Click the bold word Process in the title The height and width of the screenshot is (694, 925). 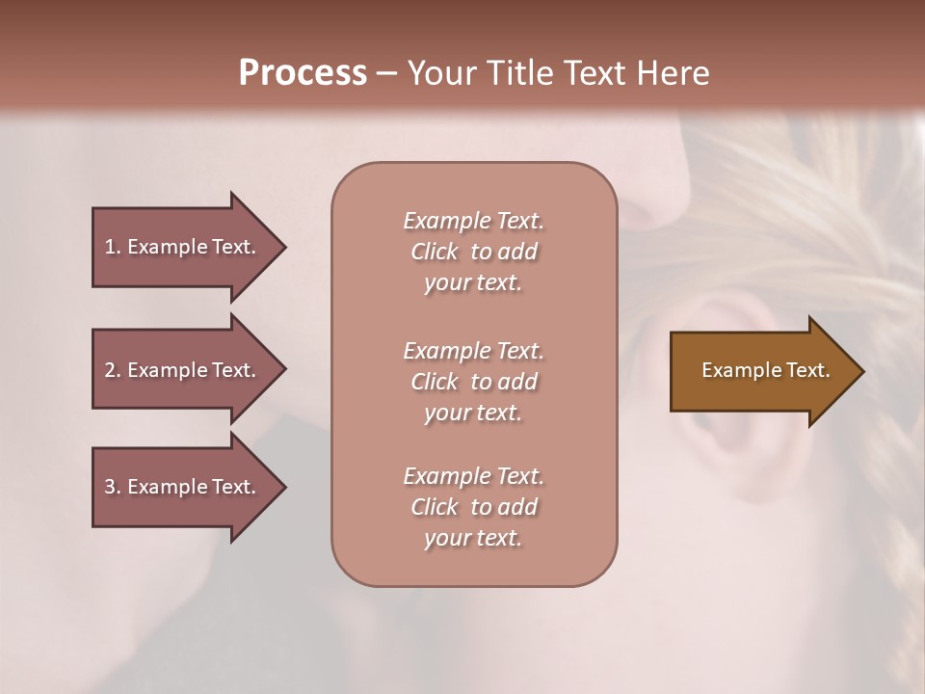[x=303, y=73]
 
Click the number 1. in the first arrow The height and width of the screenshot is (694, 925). [x=112, y=247]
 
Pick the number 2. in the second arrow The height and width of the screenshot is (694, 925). [x=112, y=370]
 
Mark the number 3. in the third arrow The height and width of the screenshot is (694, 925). [x=112, y=487]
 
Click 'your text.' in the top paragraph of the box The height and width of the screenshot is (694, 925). [x=473, y=282]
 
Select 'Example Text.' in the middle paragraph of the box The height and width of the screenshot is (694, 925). [x=473, y=351]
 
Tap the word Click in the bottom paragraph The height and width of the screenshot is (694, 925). [x=434, y=507]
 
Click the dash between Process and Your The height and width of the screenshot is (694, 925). [x=386, y=73]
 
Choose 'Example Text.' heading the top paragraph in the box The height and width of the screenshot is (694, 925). [x=473, y=221]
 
